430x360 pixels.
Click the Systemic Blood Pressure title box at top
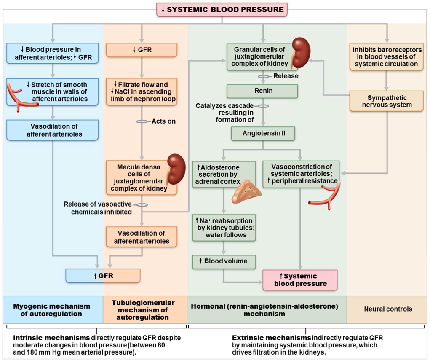click(x=222, y=9)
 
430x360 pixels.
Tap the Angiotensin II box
click(x=263, y=134)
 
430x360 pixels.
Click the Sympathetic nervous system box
click(x=387, y=101)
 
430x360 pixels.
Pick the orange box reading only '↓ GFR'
click(x=142, y=50)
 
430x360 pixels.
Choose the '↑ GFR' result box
click(x=103, y=276)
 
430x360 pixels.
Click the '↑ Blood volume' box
click(x=224, y=261)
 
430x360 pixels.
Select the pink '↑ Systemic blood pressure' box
click(x=300, y=280)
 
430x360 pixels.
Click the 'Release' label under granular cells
click(x=286, y=76)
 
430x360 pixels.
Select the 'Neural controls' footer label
click(x=387, y=309)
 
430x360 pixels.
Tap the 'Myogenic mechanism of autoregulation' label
click(x=52, y=310)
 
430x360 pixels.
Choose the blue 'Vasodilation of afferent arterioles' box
click(x=53, y=130)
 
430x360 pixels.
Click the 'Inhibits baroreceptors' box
click(x=387, y=57)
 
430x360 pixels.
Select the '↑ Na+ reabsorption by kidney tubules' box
click(x=224, y=228)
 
